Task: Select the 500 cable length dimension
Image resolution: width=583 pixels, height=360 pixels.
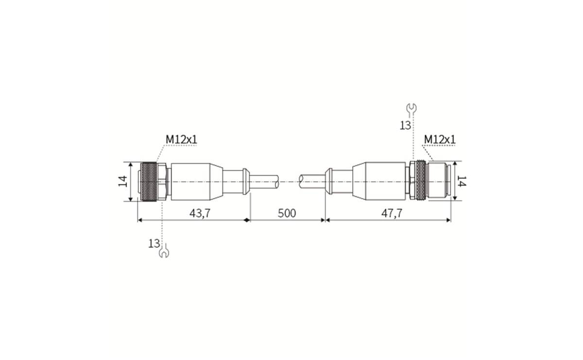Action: (287, 213)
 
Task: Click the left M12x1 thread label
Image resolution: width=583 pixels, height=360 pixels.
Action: (181, 139)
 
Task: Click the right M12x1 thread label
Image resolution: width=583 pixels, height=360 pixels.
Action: (440, 139)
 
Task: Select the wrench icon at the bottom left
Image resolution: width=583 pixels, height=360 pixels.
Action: (164, 252)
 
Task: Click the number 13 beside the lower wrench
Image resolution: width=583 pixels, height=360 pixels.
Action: (154, 243)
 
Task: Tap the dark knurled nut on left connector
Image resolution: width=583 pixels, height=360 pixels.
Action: (149, 182)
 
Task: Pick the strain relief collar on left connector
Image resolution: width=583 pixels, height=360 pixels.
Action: (246, 182)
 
